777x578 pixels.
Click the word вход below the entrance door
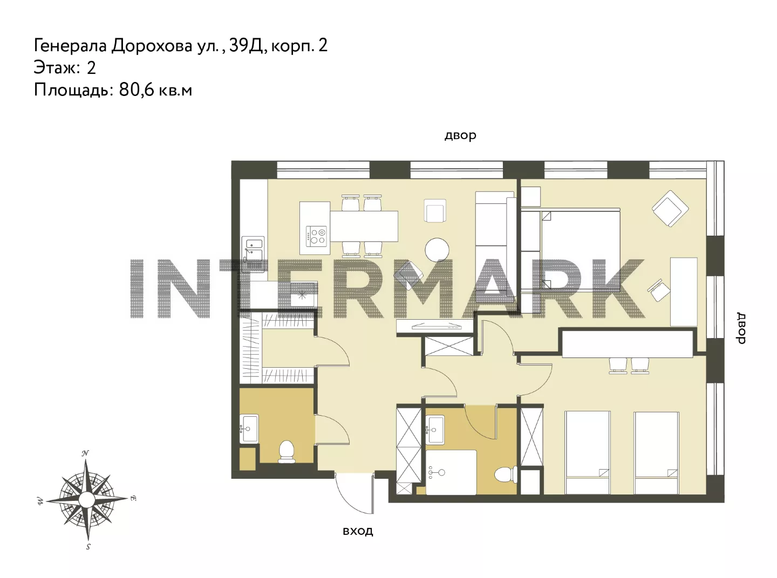(358, 531)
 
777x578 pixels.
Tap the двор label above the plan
(460, 135)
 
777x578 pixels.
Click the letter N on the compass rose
(85, 453)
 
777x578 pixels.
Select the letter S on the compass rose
(88, 547)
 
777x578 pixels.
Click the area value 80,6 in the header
(137, 90)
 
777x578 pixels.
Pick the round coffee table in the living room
(437, 250)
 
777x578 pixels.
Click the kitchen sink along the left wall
(253, 254)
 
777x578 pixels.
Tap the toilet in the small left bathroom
(287, 452)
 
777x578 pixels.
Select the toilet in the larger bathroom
(506, 475)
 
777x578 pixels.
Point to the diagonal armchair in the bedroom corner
(670, 209)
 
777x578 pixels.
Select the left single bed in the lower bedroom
(588, 453)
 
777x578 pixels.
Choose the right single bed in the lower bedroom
(657, 453)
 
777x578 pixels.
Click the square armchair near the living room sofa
(435, 210)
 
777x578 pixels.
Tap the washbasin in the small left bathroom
(249, 428)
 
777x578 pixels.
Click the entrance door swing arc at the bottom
(347, 500)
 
